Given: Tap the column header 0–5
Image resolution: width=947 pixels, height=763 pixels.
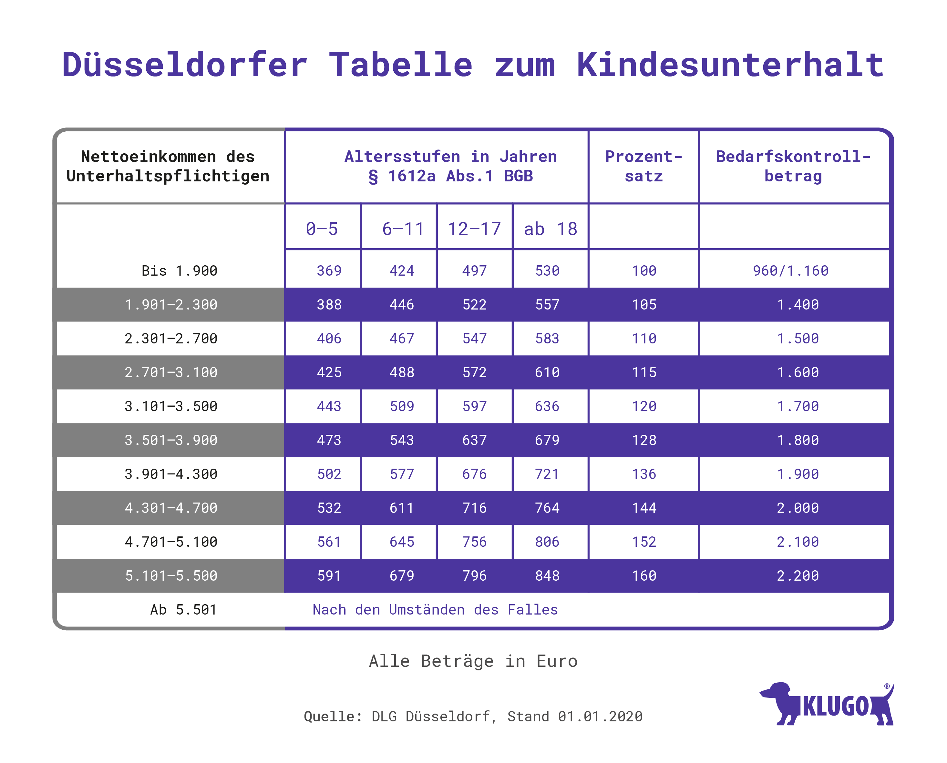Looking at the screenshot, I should pyautogui.click(x=322, y=229).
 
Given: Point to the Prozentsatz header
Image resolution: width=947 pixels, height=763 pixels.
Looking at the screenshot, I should pyautogui.click(x=643, y=166).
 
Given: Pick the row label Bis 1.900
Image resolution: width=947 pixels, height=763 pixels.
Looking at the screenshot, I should pyautogui.click(x=180, y=271).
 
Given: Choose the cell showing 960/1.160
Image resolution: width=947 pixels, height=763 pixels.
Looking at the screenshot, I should pyautogui.click(x=790, y=271).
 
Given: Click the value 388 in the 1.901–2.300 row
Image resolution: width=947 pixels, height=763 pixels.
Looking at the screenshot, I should pyautogui.click(x=329, y=305).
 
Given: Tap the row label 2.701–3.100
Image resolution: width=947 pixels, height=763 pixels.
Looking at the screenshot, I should pyautogui.click(x=171, y=372).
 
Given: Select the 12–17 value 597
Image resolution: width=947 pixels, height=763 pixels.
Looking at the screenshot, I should pyautogui.click(x=474, y=406).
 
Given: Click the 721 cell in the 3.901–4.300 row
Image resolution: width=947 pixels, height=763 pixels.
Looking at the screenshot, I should pyautogui.click(x=547, y=474).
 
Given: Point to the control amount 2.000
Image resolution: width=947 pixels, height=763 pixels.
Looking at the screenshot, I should pyautogui.click(x=798, y=508).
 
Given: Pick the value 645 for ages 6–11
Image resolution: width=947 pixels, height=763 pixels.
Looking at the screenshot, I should pyautogui.click(x=402, y=542).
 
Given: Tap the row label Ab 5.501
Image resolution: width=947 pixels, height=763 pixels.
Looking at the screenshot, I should pyautogui.click(x=183, y=610).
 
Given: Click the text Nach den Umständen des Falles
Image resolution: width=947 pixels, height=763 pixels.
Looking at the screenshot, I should pyautogui.click(x=435, y=610).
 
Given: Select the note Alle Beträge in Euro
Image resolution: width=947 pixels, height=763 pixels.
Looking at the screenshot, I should pyautogui.click(x=473, y=661).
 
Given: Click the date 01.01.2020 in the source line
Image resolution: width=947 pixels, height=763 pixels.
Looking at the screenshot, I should pyautogui.click(x=600, y=717).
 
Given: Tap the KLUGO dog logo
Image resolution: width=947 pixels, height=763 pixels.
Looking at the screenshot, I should pyautogui.click(x=827, y=705).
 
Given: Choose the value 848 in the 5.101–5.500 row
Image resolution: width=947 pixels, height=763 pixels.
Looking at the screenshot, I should pyautogui.click(x=547, y=576).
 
